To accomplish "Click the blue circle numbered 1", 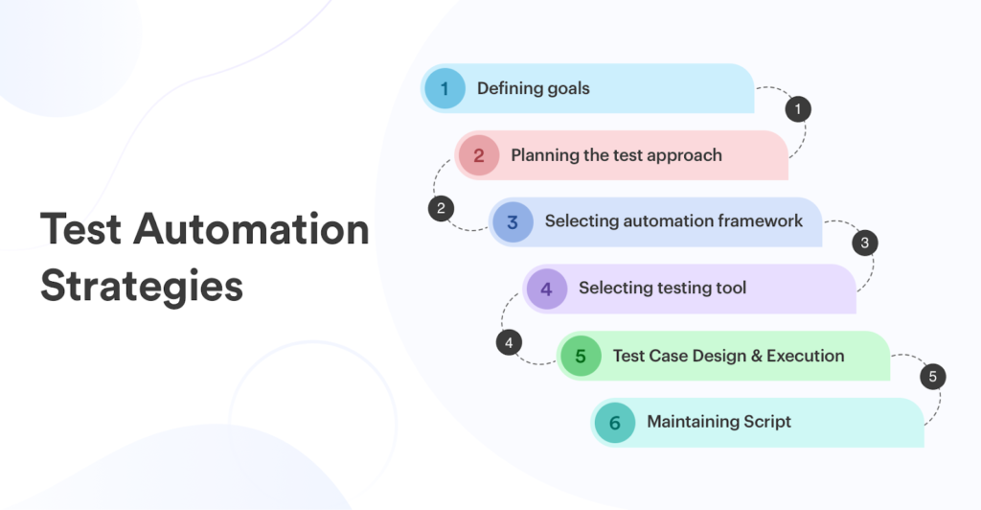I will (x=444, y=89).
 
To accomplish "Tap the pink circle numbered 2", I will (x=478, y=155).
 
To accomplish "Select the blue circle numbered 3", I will (x=513, y=222).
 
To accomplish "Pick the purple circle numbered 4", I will (x=546, y=289).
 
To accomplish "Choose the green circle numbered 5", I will (x=581, y=357).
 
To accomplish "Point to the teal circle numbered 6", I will (x=614, y=423).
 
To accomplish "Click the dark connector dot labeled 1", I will (x=797, y=109).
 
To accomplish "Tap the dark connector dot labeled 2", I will (x=441, y=208).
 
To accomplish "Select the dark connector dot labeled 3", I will (x=864, y=243).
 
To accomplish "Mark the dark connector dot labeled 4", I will (x=509, y=342).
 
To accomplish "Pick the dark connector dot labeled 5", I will (x=932, y=377).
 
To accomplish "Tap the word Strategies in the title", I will (x=142, y=287).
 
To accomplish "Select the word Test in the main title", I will (x=80, y=230).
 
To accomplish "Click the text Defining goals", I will (x=534, y=89).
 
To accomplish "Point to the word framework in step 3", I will (x=757, y=221).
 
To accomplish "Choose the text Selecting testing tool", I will (x=662, y=288).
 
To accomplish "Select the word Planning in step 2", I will (x=544, y=155).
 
